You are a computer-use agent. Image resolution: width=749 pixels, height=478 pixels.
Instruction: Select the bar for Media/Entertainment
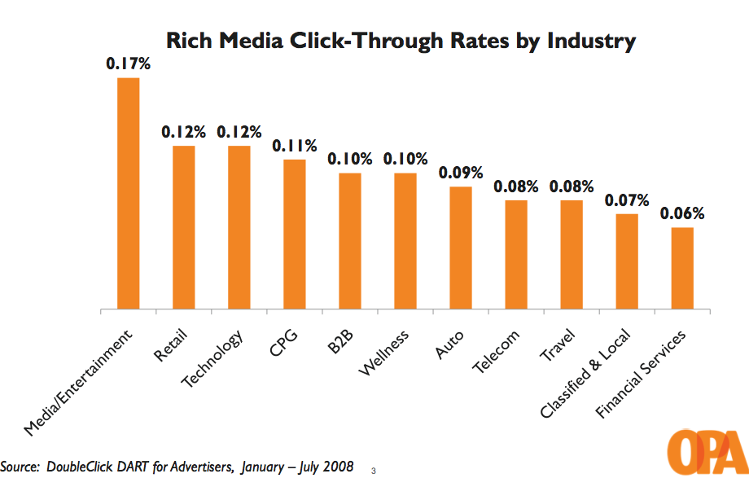pyautogui.click(x=129, y=194)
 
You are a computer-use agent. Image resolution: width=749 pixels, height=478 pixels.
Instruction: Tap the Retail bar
pyautogui.click(x=184, y=227)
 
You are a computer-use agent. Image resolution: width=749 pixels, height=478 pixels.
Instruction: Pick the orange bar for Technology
pyautogui.click(x=239, y=227)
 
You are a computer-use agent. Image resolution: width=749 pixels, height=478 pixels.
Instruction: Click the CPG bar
pyautogui.click(x=295, y=235)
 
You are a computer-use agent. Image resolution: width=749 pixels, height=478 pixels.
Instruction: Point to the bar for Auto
pyautogui.click(x=461, y=248)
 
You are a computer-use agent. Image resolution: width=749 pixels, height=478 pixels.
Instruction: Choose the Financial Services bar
pyautogui.click(x=682, y=269)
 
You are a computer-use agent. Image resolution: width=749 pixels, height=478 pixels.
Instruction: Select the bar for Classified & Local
pyautogui.click(x=627, y=261)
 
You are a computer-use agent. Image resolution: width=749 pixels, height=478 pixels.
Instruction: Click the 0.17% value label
pyautogui.click(x=129, y=63)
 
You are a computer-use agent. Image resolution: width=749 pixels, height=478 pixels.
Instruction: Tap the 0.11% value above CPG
pyautogui.click(x=295, y=146)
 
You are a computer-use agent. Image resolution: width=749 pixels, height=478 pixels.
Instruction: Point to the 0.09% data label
pyautogui.click(x=461, y=173)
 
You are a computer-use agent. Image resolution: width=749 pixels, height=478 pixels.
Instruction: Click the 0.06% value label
pyautogui.click(x=682, y=213)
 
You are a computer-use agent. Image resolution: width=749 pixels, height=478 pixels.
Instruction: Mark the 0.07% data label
pyautogui.click(x=627, y=200)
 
